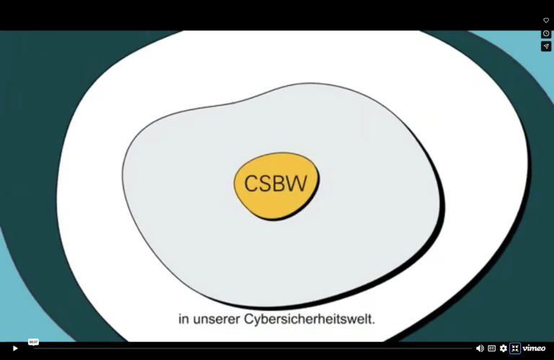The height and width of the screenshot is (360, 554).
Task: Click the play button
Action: [x=15, y=348]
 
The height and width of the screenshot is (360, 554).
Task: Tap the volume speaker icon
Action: [x=480, y=348]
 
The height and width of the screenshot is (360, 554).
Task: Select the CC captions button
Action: [x=491, y=348]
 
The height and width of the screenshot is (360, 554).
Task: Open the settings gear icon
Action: [x=503, y=348]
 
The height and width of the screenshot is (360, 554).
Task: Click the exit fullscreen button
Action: [x=515, y=348]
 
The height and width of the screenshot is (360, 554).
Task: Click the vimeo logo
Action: [x=534, y=348]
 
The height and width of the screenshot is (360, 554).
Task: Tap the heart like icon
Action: [x=546, y=20]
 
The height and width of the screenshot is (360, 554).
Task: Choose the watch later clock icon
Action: [x=546, y=34]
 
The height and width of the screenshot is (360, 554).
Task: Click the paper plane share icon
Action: [x=546, y=46]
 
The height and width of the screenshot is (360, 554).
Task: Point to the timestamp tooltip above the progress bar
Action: [x=33, y=342]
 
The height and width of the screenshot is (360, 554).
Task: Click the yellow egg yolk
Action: [x=276, y=186]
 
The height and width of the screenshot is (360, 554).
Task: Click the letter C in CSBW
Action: [x=251, y=184]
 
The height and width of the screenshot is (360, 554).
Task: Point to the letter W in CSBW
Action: [x=297, y=184]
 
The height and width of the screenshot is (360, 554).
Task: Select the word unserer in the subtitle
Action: [x=216, y=320]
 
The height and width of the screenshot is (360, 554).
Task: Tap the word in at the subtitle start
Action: [x=184, y=319]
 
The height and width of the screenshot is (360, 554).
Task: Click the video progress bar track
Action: [x=253, y=348]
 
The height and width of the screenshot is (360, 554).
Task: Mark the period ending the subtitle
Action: [x=374, y=323]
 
